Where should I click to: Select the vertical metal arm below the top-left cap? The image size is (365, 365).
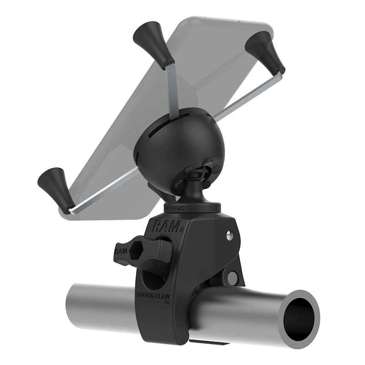[172, 89]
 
